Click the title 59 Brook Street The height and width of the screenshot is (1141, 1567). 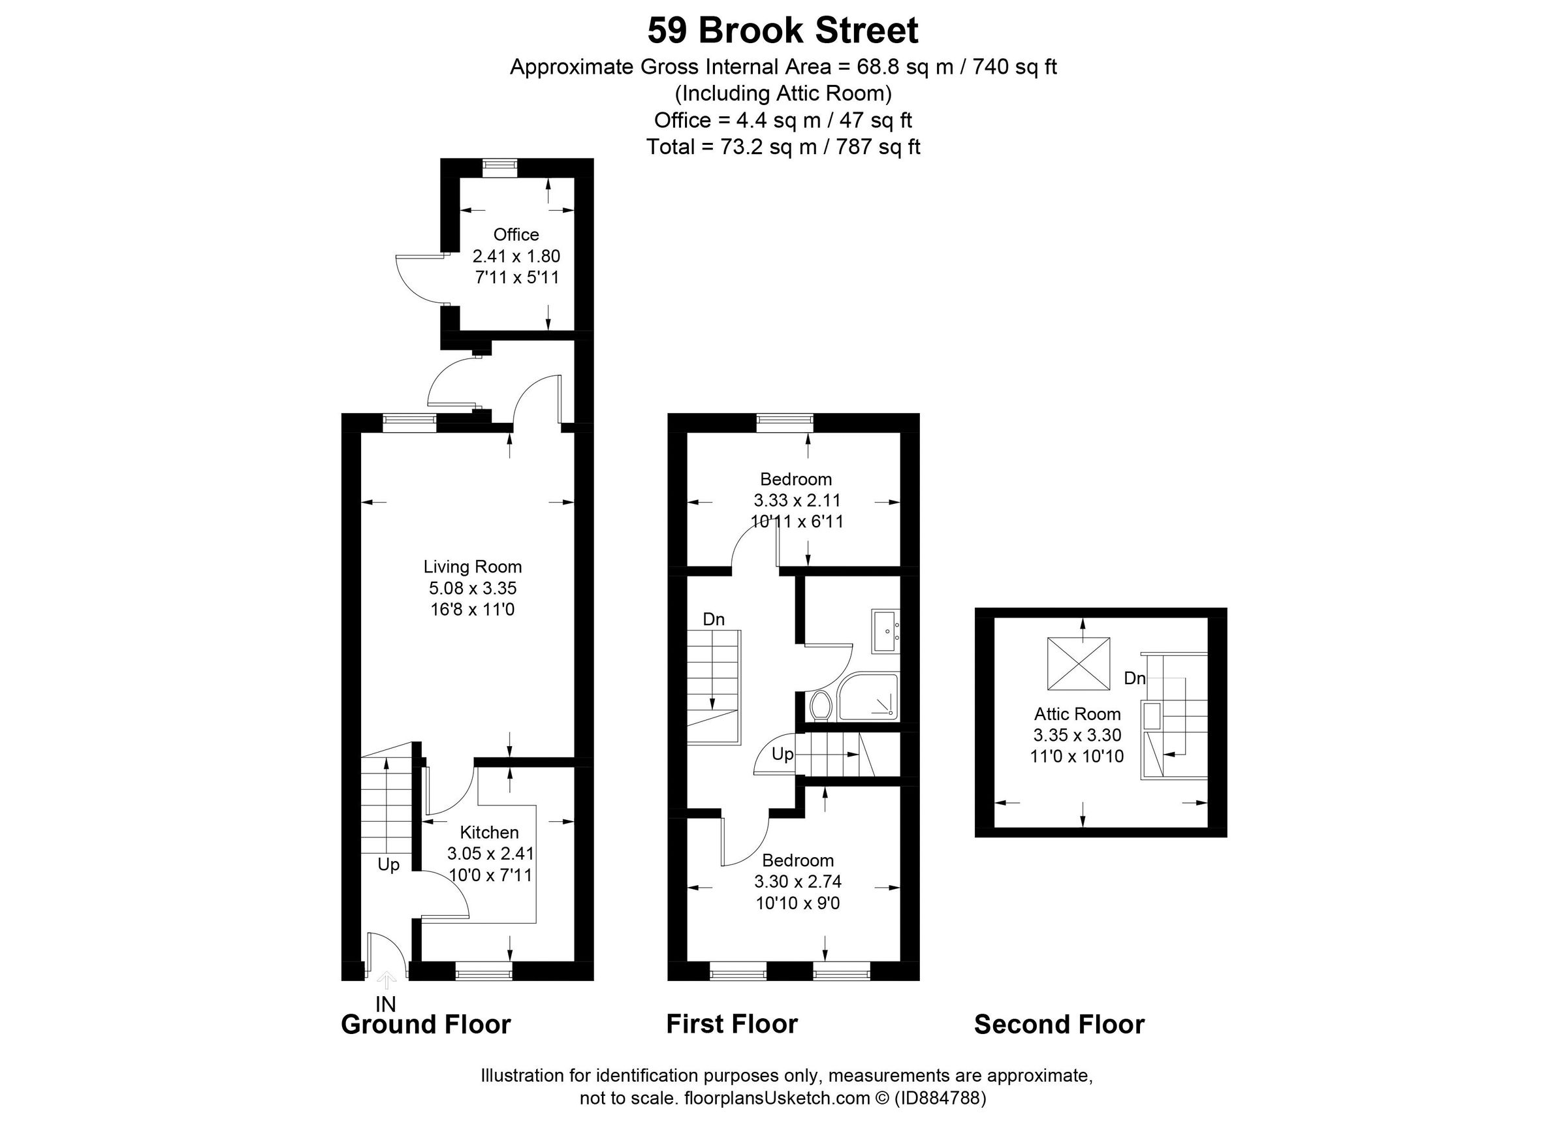click(x=783, y=31)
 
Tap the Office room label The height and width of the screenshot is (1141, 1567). click(x=516, y=235)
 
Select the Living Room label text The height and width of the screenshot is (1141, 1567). click(x=473, y=567)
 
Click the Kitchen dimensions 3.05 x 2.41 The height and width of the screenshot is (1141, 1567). click(x=490, y=854)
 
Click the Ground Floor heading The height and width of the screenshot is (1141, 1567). click(x=426, y=1024)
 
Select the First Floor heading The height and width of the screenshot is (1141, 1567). click(x=732, y=1024)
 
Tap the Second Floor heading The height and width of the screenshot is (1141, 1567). click(x=1059, y=1024)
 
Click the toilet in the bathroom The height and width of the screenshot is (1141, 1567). click(x=821, y=706)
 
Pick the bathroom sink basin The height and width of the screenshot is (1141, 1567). click(x=886, y=631)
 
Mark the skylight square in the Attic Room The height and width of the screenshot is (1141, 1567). click(x=1079, y=664)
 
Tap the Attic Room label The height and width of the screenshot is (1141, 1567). click(x=1077, y=714)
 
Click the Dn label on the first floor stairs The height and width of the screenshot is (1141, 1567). click(x=714, y=619)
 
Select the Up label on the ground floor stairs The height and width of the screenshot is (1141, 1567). click(x=388, y=865)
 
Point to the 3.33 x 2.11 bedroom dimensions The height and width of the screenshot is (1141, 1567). click(x=797, y=500)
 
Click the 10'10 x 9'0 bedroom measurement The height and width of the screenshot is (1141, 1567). click(x=797, y=903)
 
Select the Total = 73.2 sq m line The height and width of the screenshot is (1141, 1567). click(x=783, y=147)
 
